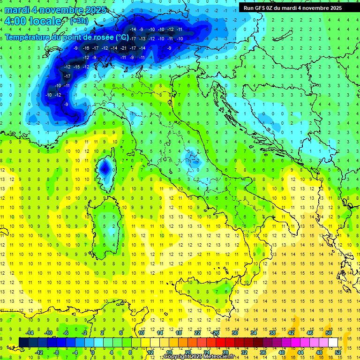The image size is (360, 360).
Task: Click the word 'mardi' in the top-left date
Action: [x=16, y=10]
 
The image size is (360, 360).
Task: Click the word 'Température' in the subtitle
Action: [x=27, y=37]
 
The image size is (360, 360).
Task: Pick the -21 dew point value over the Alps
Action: [x=123, y=48]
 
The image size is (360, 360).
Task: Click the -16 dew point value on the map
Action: [x=86, y=48]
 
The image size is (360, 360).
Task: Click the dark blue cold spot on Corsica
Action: [x=105, y=167]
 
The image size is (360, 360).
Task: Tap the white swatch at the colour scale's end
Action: [x=333, y=342]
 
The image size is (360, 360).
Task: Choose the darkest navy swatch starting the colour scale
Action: [x=23, y=342]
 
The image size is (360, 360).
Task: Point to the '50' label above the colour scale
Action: [x=328, y=332]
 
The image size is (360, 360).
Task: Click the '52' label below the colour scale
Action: [x=338, y=352]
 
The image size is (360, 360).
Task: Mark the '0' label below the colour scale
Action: [x=93, y=352]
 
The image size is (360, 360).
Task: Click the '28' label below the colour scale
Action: [x=225, y=352]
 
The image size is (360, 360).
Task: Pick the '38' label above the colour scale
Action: [x=272, y=332]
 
